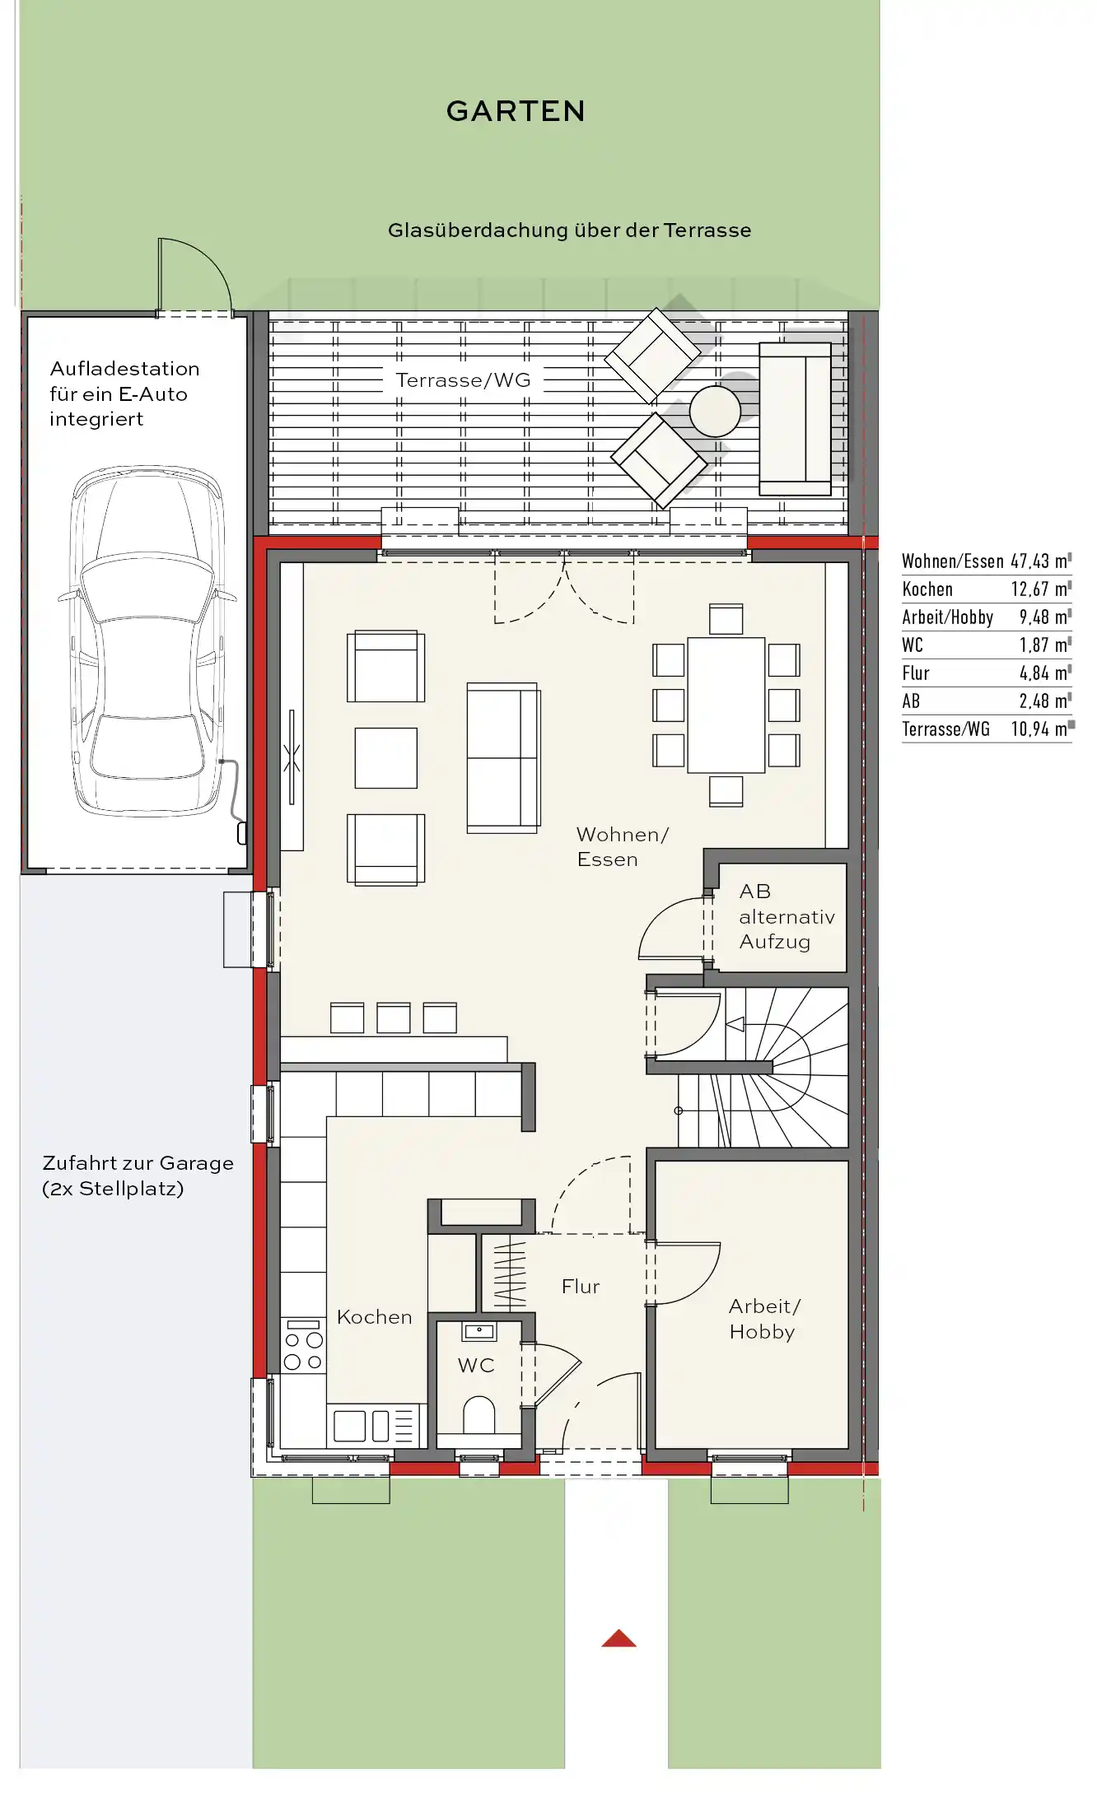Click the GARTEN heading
pyautogui.click(x=516, y=111)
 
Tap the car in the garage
pyautogui.click(x=148, y=641)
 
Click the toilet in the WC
pyautogui.click(x=478, y=1414)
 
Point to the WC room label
pyautogui.click(x=476, y=1365)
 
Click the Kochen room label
pyautogui.click(x=374, y=1317)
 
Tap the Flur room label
pyautogui.click(x=581, y=1287)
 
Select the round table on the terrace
pyautogui.click(x=715, y=411)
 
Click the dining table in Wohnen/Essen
pyautogui.click(x=726, y=705)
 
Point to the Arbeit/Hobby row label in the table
pyautogui.click(x=947, y=617)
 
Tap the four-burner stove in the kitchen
pyautogui.click(x=303, y=1345)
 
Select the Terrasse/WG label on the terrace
pyautogui.click(x=463, y=380)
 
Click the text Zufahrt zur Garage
pyautogui.click(x=138, y=1163)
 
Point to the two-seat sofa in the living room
pyautogui.click(x=503, y=757)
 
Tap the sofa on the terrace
pyautogui.click(x=795, y=418)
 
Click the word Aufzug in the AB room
pyautogui.click(x=774, y=943)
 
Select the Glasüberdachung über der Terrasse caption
pyautogui.click(x=569, y=230)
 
